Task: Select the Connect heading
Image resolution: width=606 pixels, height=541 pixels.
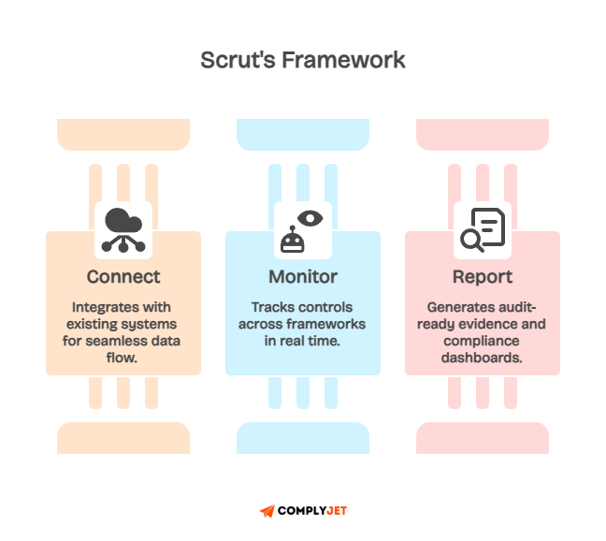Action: pos(123,277)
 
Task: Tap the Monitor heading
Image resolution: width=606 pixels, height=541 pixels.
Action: pos(303,277)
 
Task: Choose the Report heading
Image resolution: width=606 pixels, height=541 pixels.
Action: pos(483,277)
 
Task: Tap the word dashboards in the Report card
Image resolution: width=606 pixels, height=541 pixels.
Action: pos(483,358)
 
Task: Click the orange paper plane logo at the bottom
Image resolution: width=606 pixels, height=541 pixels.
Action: pos(267,512)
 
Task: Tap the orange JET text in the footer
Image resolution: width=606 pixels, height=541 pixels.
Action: pos(337,511)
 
